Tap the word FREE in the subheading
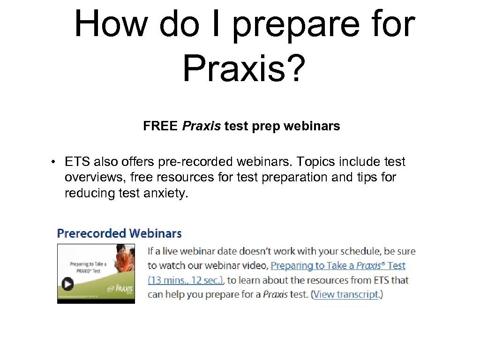(160, 126)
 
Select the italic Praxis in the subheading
(201, 126)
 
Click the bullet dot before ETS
(55, 162)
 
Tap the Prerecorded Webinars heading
(119, 233)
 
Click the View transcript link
(346, 294)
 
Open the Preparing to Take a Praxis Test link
(337, 265)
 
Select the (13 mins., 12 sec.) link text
(186, 280)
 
